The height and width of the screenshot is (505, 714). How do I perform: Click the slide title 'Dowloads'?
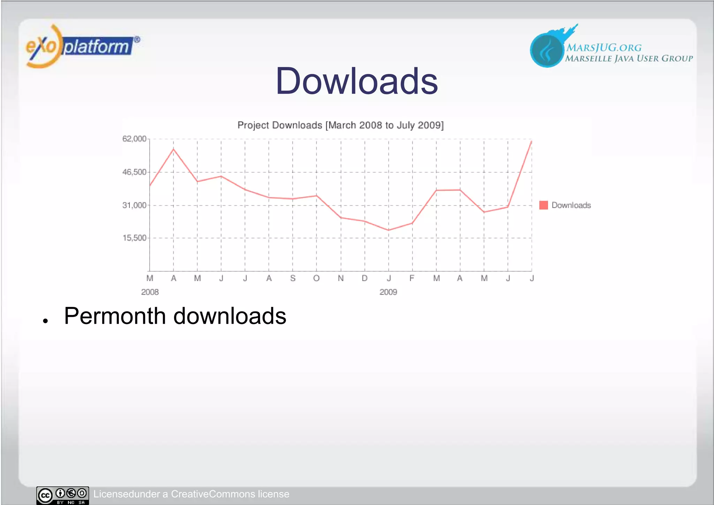356,81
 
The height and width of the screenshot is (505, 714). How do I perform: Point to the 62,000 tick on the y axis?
134,139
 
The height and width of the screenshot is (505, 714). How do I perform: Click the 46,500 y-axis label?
134,172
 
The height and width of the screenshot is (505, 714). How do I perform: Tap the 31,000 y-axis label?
134,205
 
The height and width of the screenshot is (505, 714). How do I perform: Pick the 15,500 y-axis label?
134,238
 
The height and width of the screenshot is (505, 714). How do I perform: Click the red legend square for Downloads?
544,205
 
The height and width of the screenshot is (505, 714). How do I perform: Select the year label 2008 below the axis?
150,292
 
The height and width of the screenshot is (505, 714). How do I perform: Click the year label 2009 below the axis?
388,292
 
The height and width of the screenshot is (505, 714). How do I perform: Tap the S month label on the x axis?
293,278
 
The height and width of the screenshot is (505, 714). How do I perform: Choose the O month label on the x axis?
316,278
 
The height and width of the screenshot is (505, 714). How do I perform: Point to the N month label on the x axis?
341,278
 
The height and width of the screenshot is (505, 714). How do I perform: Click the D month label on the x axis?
365,278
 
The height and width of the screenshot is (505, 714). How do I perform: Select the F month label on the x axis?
412,278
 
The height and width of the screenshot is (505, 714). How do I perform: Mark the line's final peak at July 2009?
531,141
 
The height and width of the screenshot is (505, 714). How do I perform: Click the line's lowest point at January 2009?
388,230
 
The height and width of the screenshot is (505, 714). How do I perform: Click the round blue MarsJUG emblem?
547,50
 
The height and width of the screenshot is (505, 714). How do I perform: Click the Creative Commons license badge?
63,495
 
